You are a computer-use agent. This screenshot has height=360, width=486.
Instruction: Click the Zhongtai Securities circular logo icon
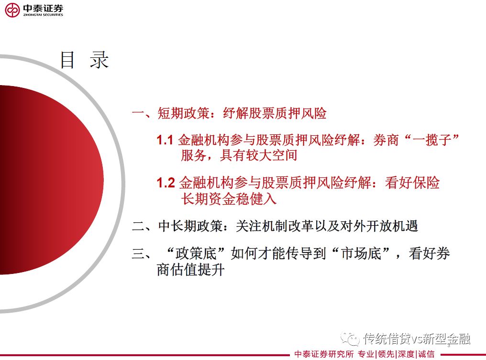pyautogui.click(x=12, y=10)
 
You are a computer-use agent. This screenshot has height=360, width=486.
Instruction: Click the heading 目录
pyautogui.click(x=84, y=60)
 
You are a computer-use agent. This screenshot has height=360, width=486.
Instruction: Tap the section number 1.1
pyautogui.click(x=165, y=140)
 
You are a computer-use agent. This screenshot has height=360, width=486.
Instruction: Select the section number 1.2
pyautogui.click(x=166, y=183)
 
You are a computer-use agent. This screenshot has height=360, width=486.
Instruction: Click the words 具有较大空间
pyautogui.click(x=259, y=155)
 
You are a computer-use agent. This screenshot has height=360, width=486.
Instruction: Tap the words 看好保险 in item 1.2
pyautogui.click(x=412, y=183)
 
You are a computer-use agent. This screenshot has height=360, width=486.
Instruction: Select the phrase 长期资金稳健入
pyautogui.click(x=229, y=198)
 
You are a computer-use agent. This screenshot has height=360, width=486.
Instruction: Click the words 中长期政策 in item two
pyautogui.click(x=190, y=226)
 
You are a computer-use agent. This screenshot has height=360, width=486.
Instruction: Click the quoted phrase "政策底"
pyautogui.click(x=195, y=253)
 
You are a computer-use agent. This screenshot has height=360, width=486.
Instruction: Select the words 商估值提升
pyautogui.click(x=190, y=270)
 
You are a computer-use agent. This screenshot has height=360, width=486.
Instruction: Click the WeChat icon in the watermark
pyautogui.click(x=350, y=338)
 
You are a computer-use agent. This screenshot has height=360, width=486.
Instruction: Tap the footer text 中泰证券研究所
pyautogui.click(x=324, y=354)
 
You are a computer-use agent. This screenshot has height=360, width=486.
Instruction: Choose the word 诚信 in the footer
pyautogui.click(x=426, y=354)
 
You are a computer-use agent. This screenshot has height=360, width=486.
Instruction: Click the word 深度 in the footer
pyautogui.click(x=406, y=354)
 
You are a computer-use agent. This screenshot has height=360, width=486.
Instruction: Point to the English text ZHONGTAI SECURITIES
pyautogui.click(x=43, y=15)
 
